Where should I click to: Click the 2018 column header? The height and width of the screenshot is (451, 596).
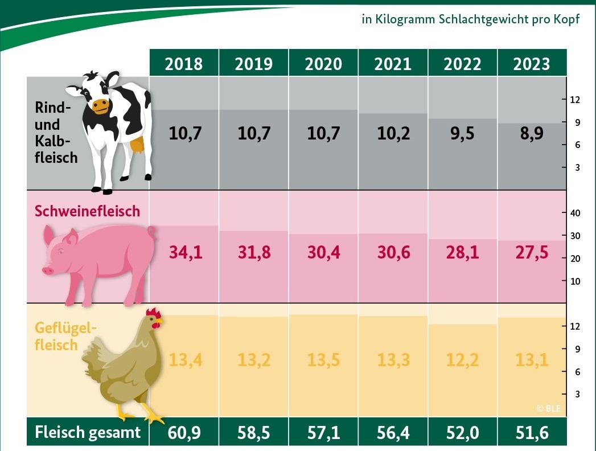point(183,63)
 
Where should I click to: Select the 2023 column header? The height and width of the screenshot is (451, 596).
point(532,63)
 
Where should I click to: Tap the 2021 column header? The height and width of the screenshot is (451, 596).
point(393,63)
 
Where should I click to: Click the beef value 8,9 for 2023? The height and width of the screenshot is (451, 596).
point(532,134)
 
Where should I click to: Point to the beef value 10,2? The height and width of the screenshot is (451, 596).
point(393,134)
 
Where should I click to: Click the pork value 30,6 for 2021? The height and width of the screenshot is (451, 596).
point(393,252)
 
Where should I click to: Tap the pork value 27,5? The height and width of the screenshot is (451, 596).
point(532,252)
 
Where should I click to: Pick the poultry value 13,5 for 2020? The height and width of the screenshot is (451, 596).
point(323,360)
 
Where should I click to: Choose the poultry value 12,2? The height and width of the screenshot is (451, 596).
point(462,360)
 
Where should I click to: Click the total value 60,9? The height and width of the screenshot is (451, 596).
point(183,433)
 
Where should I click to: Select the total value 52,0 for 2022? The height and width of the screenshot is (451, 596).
point(462,433)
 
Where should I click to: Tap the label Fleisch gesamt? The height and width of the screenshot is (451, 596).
point(88,433)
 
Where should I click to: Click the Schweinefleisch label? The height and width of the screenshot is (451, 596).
point(87,211)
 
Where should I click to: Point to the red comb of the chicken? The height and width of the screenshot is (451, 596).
point(153,313)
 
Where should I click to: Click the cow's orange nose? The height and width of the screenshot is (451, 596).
point(101,105)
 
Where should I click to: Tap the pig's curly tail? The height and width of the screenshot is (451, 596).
point(151,232)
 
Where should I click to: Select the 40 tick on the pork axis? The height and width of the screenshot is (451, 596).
point(574,213)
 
